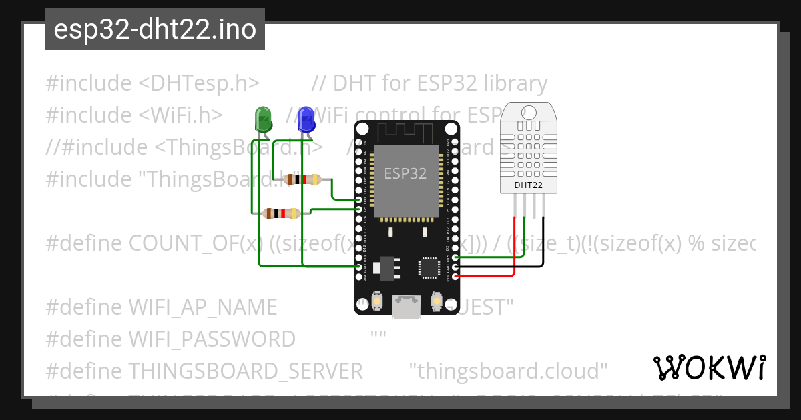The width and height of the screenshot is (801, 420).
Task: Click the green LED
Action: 263,119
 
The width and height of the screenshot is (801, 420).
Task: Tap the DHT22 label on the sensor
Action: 528,185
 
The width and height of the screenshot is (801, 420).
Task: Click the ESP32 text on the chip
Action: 405,174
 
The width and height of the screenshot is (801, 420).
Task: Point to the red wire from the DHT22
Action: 515,253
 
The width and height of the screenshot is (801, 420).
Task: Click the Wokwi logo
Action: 710,367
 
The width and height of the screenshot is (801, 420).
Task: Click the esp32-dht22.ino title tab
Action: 155,29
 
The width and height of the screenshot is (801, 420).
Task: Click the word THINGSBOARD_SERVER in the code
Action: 245,370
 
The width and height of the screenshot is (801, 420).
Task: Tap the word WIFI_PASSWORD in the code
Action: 212,339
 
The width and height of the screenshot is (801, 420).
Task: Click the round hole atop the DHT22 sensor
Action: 527,111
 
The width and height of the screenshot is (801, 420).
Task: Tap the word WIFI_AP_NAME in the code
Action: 202,307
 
